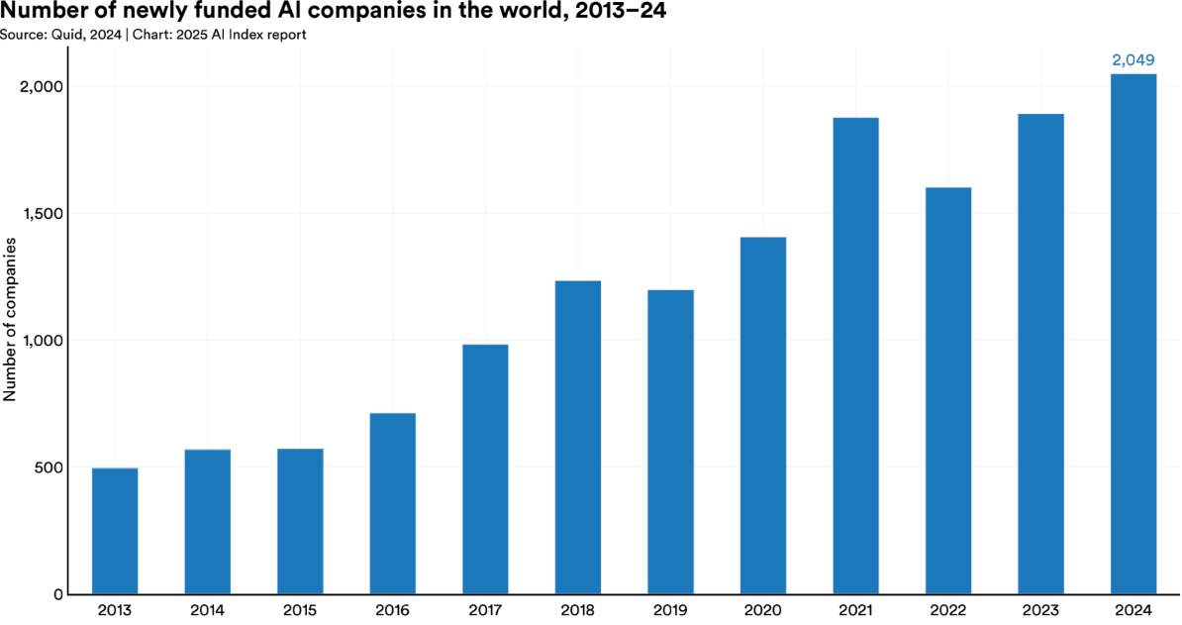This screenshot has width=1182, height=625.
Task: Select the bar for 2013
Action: (115, 531)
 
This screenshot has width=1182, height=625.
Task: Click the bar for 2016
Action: (392, 503)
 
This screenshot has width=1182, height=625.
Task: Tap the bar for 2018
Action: (578, 437)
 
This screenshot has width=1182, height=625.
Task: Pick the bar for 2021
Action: (855, 356)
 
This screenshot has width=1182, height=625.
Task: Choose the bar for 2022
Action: (948, 390)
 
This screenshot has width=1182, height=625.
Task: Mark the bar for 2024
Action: (1133, 334)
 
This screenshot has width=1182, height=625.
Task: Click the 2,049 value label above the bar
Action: (1133, 60)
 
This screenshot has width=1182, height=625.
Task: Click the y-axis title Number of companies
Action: (10, 319)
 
